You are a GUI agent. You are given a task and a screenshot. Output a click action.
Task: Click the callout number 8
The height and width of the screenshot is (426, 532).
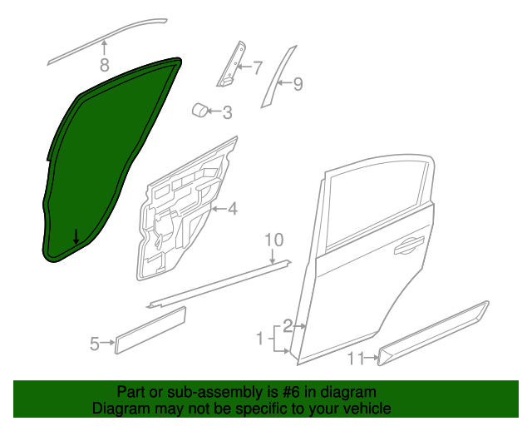[x=105, y=65]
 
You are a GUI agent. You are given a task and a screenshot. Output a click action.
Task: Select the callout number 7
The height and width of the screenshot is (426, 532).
[x=258, y=68]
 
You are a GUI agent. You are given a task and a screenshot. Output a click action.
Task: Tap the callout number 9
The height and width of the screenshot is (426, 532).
[x=298, y=83]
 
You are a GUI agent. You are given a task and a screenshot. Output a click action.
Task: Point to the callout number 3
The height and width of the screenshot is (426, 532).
[x=227, y=112]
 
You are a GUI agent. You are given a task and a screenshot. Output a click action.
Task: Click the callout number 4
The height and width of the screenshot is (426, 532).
[x=233, y=208]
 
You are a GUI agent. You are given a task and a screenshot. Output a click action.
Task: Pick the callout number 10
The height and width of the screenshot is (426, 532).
[x=273, y=240]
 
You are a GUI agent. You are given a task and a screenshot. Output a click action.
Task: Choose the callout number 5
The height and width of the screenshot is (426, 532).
[x=95, y=344]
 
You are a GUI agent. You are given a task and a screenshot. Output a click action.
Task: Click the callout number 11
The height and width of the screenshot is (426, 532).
[x=356, y=359]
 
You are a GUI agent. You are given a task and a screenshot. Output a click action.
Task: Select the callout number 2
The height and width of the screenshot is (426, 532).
[x=288, y=326]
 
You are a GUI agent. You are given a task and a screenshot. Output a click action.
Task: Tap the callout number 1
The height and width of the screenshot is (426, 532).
[x=260, y=339]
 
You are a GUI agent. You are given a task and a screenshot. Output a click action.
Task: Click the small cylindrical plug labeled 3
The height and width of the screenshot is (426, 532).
[x=199, y=110]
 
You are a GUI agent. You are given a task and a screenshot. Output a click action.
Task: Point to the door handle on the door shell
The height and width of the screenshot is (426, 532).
[x=409, y=245]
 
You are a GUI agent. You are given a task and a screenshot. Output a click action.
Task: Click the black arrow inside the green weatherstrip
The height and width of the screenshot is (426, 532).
[x=76, y=237]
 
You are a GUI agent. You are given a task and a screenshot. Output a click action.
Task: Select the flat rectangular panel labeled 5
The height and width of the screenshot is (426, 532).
[x=150, y=330]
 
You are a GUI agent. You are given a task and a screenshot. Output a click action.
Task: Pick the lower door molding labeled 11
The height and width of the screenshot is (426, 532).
[x=433, y=334]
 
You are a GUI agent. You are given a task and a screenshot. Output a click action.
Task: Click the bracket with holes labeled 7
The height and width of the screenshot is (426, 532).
[x=232, y=65]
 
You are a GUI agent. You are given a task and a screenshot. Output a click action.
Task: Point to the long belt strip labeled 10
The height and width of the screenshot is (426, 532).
[x=219, y=284]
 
